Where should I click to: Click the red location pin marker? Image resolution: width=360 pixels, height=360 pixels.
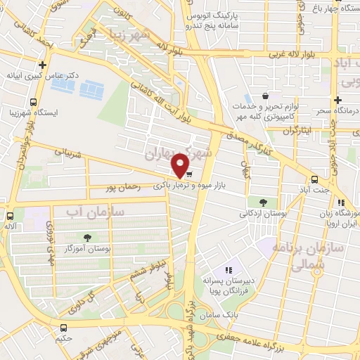pos(181,165)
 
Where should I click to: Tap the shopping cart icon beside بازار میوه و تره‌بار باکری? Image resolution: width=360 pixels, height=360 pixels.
pos(190,174)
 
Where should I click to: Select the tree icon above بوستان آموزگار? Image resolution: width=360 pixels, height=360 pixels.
pos(88,237)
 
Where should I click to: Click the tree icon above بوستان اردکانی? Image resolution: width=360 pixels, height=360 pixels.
pos(262,202)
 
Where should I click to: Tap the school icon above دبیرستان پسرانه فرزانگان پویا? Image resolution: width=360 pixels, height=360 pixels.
pos(228,269)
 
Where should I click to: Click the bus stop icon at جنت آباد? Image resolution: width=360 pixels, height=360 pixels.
pos(314,180)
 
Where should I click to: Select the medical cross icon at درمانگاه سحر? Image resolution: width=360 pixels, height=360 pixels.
pos(338,101)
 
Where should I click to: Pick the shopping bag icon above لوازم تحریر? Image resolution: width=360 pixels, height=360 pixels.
pos(264,96)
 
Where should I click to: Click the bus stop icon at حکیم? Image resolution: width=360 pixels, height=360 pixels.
pos(64,328)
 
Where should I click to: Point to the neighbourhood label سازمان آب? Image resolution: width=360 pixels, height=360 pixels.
pos(95,211)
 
